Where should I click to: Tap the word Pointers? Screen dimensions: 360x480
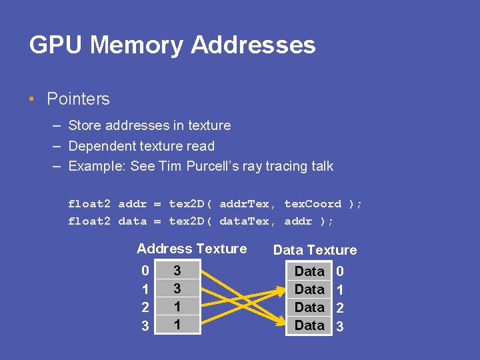pyautogui.click(x=78, y=99)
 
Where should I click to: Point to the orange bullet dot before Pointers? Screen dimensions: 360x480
pyautogui.click(x=32, y=100)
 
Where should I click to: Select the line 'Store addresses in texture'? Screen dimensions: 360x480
pyautogui.click(x=149, y=125)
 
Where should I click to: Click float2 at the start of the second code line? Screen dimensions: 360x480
pyautogui.click(x=89, y=221)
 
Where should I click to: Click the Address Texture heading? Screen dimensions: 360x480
pyautogui.click(x=191, y=249)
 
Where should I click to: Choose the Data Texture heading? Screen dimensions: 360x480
pyautogui.click(x=315, y=250)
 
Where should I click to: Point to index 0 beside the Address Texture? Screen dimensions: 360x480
pyautogui.click(x=145, y=271)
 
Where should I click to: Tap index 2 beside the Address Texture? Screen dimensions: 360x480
pyautogui.click(x=145, y=307)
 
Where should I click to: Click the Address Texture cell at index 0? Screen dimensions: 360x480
pyautogui.click(x=177, y=271)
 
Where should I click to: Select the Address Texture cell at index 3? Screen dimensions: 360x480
pyautogui.click(x=177, y=325)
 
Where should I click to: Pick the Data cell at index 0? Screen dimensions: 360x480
pyautogui.click(x=309, y=271)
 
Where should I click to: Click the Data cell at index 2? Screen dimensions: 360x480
pyautogui.click(x=309, y=307)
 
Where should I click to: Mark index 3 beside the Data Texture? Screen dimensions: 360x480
pyautogui.click(x=340, y=327)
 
